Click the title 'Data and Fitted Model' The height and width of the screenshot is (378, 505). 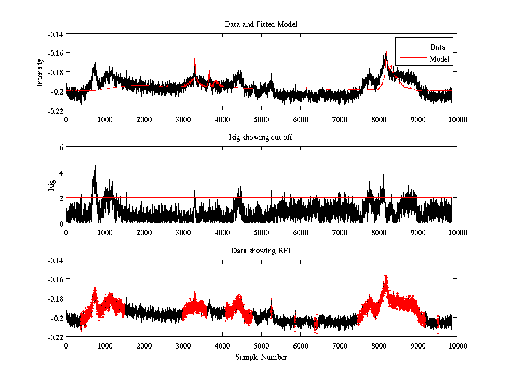(x=261, y=24)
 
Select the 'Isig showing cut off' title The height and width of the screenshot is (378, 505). (x=261, y=138)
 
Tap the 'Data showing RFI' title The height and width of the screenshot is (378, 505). (x=261, y=251)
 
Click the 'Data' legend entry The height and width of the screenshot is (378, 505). (x=437, y=47)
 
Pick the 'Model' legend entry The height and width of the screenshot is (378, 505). (x=439, y=59)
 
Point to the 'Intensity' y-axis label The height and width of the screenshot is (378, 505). (x=40, y=72)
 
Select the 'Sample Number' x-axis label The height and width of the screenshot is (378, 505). (x=261, y=357)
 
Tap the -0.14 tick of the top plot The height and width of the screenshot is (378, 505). (x=55, y=34)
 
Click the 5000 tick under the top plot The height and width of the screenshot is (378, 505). (x=261, y=119)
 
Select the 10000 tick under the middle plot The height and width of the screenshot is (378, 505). (x=457, y=232)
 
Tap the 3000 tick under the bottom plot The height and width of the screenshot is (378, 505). (x=183, y=346)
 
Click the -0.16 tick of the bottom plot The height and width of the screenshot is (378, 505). (x=55, y=279)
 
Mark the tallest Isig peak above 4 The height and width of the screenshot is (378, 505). (x=95, y=165)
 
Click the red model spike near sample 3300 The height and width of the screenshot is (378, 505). (x=195, y=59)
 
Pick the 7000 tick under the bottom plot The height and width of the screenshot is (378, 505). (x=339, y=346)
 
